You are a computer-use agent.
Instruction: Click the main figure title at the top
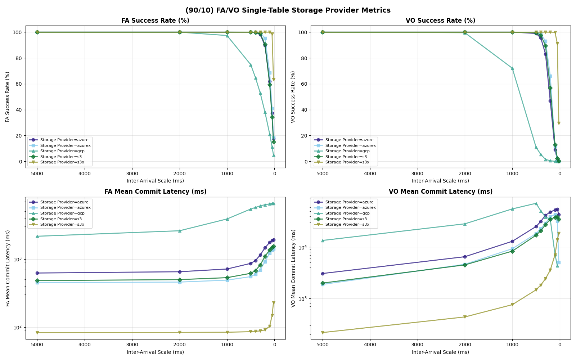(x=288, y=10)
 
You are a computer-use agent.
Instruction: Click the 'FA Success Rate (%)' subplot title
(x=155, y=21)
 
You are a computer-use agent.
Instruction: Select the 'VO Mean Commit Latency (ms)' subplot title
(x=440, y=192)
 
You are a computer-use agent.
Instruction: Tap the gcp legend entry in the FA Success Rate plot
(x=62, y=151)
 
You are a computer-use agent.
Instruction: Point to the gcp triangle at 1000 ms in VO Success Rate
(x=512, y=68)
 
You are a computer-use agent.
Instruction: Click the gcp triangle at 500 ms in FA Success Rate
(x=251, y=65)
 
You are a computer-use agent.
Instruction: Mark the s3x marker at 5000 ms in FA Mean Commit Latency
(x=37, y=333)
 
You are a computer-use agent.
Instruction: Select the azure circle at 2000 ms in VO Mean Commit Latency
(x=465, y=257)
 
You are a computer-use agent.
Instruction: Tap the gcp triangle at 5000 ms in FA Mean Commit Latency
(x=37, y=236)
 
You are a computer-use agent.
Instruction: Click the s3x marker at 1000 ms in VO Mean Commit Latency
(x=512, y=305)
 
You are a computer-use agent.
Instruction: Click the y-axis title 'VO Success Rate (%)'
(x=293, y=96)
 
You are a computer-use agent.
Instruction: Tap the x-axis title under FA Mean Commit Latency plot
(x=155, y=352)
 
